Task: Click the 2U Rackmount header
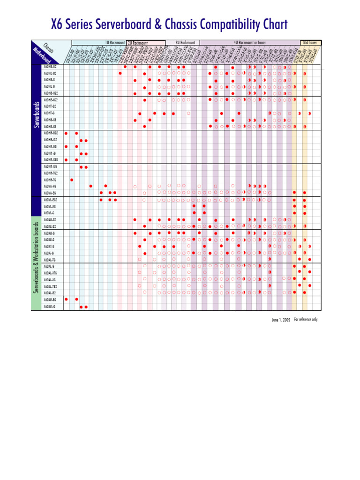(x=138, y=43)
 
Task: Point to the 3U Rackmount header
(x=185, y=42)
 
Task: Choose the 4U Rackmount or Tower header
(x=246, y=42)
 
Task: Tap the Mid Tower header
(x=310, y=42)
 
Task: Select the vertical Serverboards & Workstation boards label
(x=36, y=258)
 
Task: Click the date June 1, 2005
(x=281, y=320)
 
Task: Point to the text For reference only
(x=306, y=320)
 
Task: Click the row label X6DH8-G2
(x=50, y=67)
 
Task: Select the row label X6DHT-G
(x=49, y=113)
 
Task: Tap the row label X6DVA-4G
(x=50, y=186)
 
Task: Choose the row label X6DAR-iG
(x=50, y=307)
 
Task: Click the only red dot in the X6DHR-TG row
(x=72, y=180)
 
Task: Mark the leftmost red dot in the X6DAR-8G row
(x=66, y=299)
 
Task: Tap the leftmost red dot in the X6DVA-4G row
(x=90, y=186)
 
